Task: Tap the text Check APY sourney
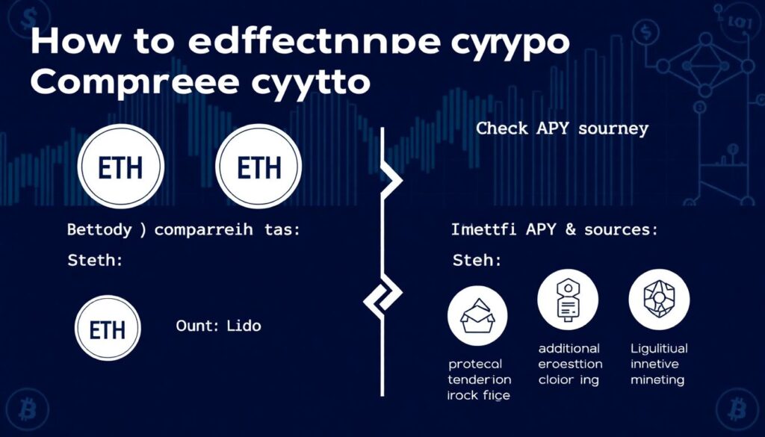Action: (x=562, y=128)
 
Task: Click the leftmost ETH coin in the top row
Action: (x=121, y=165)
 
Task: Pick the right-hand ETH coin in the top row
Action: (x=258, y=165)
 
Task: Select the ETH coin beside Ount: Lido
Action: (x=108, y=329)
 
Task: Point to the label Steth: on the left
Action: (x=94, y=262)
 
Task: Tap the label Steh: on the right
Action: (x=477, y=262)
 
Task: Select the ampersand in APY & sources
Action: (x=569, y=230)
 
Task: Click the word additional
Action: (x=569, y=349)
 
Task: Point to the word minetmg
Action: (x=657, y=380)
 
